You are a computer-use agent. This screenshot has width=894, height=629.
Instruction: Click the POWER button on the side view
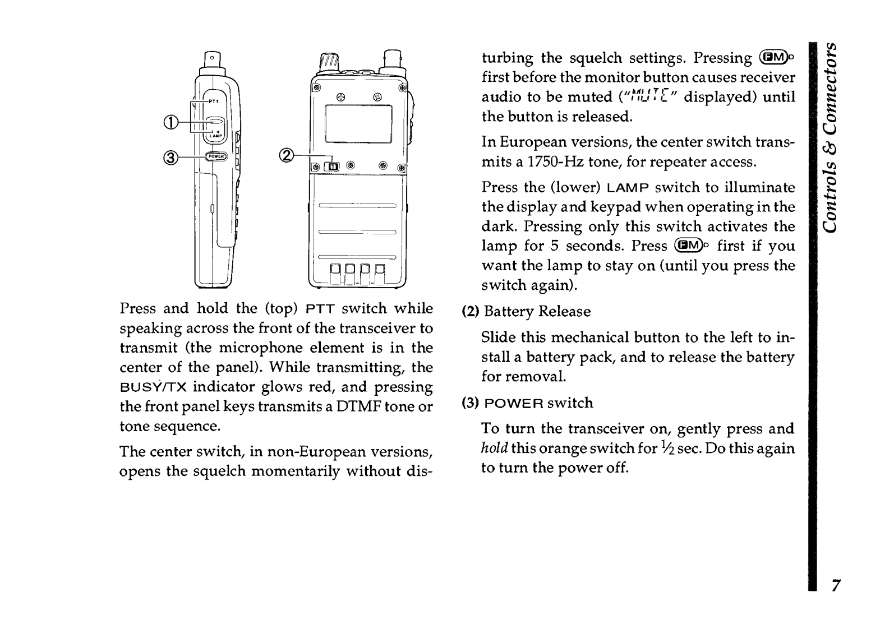tap(215, 157)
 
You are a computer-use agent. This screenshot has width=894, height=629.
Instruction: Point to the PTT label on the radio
tap(214, 101)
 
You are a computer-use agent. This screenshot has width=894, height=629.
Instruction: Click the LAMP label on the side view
tap(216, 135)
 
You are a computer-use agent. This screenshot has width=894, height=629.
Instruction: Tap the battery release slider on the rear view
tap(334, 166)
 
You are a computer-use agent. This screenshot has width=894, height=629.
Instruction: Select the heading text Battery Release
tap(537, 312)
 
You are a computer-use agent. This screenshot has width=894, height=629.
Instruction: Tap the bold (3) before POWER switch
tap(469, 403)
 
